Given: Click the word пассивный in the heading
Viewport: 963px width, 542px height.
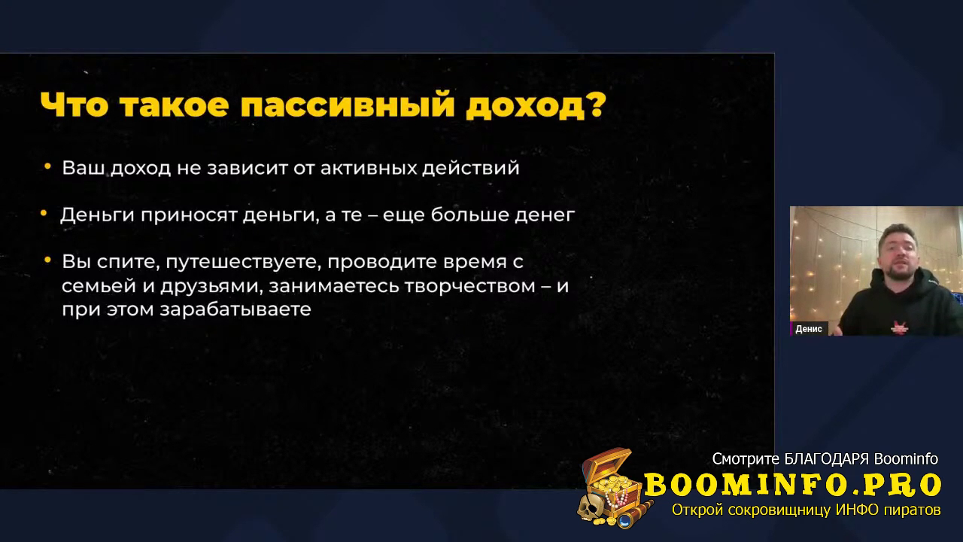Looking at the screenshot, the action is point(348,105).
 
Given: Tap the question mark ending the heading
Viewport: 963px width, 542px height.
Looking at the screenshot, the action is point(595,104).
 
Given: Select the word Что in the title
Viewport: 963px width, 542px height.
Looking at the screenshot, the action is point(74,105).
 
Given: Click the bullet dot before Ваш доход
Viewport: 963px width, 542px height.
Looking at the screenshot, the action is point(47,166).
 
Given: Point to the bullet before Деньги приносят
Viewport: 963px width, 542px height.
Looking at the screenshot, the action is point(44,212).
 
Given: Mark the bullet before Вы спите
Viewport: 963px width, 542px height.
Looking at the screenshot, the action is point(47,260).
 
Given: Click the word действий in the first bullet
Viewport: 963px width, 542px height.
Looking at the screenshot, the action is point(471,168).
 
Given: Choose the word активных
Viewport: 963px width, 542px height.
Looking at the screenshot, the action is point(368,168).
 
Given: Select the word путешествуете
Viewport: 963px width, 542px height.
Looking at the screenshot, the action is point(243,262).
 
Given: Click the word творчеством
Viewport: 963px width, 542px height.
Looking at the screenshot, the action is point(469,286).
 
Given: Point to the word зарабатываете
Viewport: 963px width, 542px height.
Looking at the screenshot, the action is point(235,309).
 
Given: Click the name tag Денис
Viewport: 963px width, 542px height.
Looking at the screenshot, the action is point(809,329).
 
